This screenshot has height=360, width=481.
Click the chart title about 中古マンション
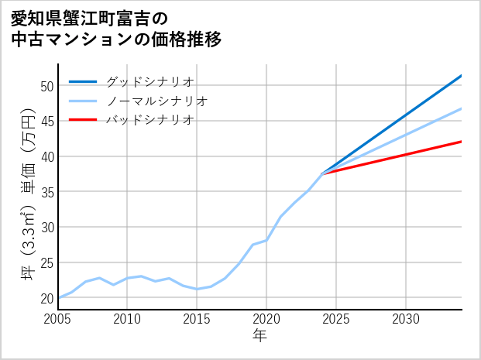coord(116,28)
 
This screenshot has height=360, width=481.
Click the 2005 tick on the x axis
coord(58,319)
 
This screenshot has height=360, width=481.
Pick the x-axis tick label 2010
coord(128,319)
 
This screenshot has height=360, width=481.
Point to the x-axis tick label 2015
coord(197,319)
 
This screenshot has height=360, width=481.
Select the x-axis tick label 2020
coord(266,319)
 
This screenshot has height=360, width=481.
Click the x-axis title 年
coord(260,336)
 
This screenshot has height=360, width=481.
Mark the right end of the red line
coord(462,142)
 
